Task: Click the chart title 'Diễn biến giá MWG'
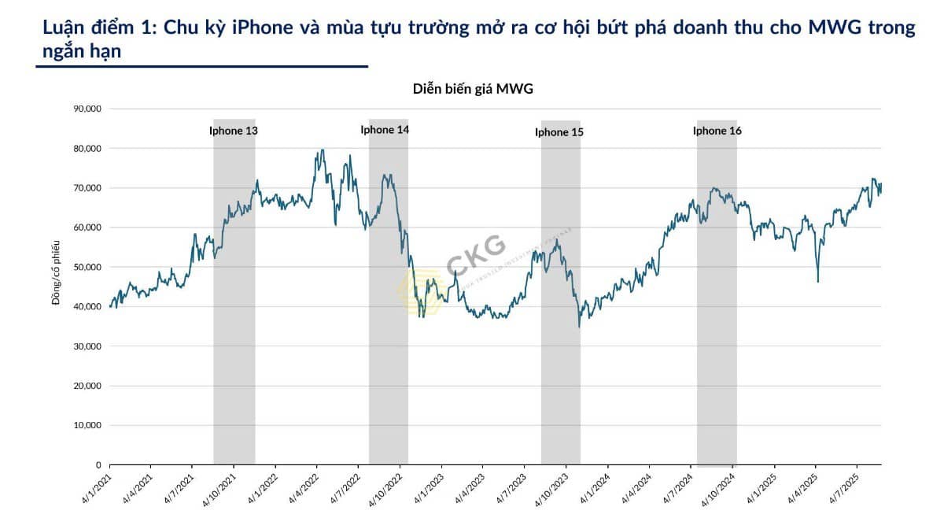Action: coord(473,88)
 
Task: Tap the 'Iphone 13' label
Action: coord(234,131)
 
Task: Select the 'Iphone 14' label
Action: coord(385,130)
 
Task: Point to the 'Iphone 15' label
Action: coord(559,132)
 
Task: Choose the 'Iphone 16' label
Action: coord(717,131)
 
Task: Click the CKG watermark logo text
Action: coord(476,248)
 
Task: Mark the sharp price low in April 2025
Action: coord(818,282)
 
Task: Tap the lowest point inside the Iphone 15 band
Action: coord(579,327)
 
